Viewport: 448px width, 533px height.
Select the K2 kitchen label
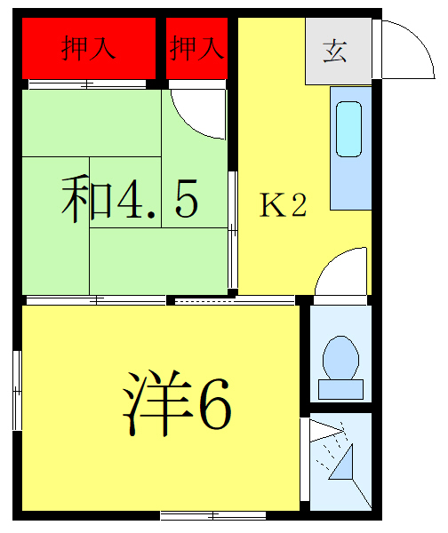coord(283,206)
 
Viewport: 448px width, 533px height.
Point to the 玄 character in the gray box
coord(334,51)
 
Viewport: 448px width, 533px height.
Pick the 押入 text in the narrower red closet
coord(196,49)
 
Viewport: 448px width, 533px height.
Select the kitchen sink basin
coord(349,130)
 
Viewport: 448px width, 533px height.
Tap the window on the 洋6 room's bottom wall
coord(212,514)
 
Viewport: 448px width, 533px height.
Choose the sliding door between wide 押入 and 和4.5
coord(86,84)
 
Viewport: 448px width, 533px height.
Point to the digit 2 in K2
coord(298,206)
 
